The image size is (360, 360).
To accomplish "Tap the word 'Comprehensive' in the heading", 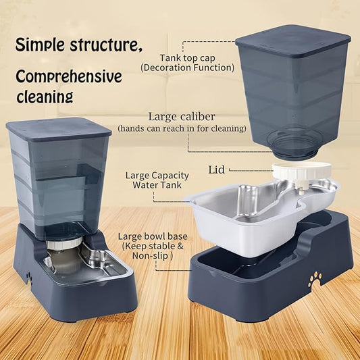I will pos(69,76).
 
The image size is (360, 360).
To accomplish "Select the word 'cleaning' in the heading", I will pos(44,97).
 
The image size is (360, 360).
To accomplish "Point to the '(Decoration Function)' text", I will pos(187,68).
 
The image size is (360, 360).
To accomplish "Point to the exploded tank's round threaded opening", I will pos(293,144).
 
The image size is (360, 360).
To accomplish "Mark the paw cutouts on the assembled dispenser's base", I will pos(28,276).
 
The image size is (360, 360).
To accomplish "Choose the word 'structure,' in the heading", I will pos(107,46).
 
